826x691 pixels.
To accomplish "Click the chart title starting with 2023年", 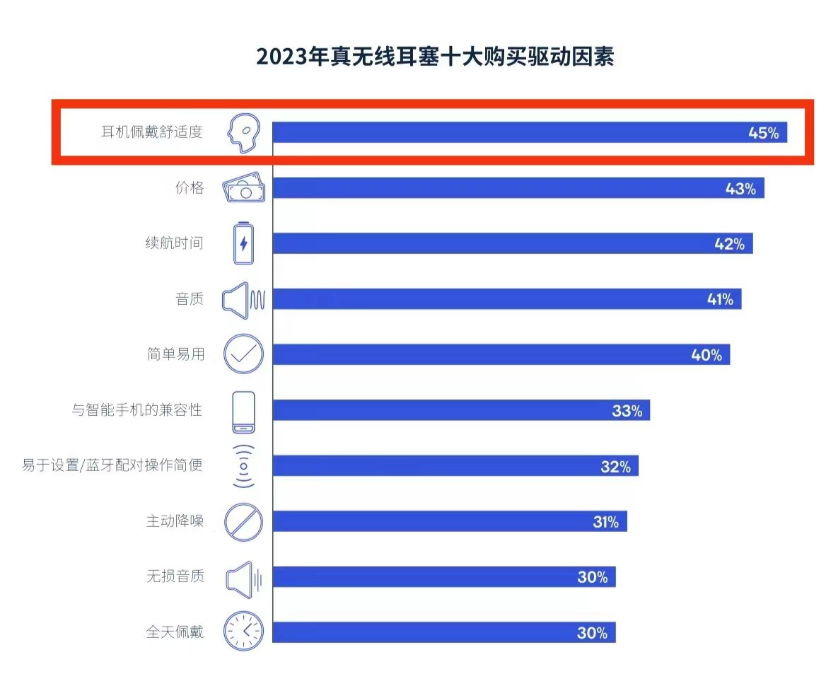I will (x=435, y=57).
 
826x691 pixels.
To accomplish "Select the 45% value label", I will (x=763, y=133).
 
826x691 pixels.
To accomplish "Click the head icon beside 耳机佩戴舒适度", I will (x=243, y=133).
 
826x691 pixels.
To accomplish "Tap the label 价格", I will (x=190, y=188).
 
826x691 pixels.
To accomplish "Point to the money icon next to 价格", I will (x=244, y=189).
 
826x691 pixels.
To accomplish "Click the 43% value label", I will (x=740, y=189).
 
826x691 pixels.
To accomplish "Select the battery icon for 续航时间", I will (x=244, y=244).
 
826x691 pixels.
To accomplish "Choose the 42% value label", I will (x=729, y=244).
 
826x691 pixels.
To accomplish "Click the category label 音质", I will (x=190, y=299).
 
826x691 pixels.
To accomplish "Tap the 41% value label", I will (x=720, y=299).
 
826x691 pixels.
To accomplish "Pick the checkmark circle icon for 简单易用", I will (x=243, y=354).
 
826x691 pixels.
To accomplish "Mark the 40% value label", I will (x=706, y=355).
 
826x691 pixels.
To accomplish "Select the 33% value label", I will (x=627, y=410).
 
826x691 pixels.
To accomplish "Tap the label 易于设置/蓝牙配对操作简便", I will (x=112, y=465).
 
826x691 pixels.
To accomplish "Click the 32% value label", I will (x=615, y=466).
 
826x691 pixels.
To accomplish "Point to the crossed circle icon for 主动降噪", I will (x=243, y=522).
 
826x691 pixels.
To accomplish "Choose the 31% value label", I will (x=605, y=522).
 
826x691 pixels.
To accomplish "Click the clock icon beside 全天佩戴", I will (x=243, y=632).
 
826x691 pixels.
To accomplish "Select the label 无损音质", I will (x=175, y=576).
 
